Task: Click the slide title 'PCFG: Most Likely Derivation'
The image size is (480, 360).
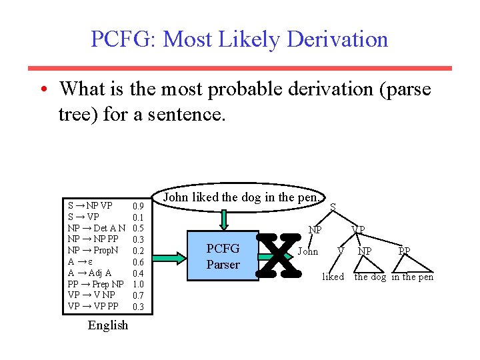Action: click(x=239, y=39)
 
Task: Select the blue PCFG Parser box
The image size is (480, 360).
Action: click(x=223, y=256)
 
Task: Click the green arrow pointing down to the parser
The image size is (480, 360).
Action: click(x=225, y=218)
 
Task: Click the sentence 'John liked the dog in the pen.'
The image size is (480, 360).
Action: click(x=242, y=197)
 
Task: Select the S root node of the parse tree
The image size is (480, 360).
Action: click(x=333, y=207)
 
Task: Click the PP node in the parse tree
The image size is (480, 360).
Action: click(x=404, y=251)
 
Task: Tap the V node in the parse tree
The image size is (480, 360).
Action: click(x=341, y=251)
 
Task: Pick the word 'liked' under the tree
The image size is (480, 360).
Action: click(x=333, y=277)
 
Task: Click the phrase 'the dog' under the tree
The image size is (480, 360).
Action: click(x=370, y=277)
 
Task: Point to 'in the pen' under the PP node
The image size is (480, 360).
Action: click(x=412, y=277)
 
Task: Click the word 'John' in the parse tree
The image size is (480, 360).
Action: click(x=307, y=251)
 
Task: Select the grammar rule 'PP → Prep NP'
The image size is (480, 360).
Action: click(x=95, y=284)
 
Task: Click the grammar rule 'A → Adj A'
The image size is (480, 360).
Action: click(x=89, y=273)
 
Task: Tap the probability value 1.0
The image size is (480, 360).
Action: click(x=139, y=284)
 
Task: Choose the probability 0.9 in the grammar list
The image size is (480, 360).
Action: click(x=139, y=206)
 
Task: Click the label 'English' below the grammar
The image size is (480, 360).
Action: click(x=107, y=325)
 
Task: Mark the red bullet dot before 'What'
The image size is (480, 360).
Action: click(x=42, y=89)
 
